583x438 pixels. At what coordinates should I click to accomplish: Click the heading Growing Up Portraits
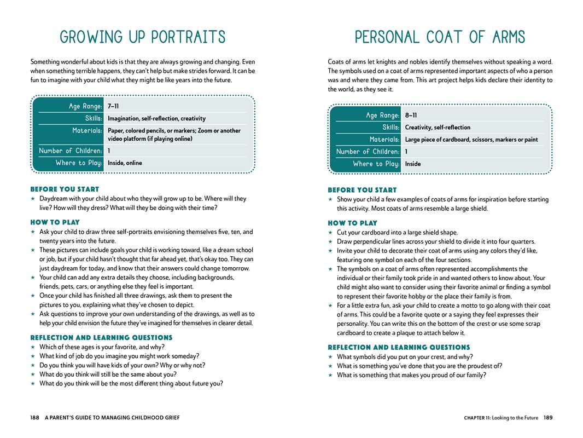143,37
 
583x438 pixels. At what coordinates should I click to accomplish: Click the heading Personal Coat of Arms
440,37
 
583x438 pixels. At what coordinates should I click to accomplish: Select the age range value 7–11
113,106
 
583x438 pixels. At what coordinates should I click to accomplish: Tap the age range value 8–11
411,115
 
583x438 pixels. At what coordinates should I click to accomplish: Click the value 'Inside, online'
125,163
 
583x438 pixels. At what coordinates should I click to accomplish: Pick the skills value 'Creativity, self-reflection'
438,128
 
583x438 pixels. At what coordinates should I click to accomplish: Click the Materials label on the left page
87,131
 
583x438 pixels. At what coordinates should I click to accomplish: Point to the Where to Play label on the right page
376,164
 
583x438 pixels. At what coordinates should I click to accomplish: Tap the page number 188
35,418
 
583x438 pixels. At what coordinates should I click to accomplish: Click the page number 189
548,418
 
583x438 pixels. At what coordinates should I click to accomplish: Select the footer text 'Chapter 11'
476,418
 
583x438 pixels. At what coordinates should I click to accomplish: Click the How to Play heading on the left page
55,222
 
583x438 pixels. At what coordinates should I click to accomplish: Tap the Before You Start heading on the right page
362,190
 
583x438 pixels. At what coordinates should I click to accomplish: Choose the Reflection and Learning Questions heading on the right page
399,347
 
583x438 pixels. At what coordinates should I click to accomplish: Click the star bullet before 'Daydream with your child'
33,199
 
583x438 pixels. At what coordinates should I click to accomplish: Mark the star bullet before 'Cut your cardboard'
330,233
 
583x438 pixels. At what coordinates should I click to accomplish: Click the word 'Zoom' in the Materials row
205,131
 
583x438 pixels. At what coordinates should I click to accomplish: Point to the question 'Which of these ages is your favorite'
102,347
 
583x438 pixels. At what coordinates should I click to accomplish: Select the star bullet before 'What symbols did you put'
330,357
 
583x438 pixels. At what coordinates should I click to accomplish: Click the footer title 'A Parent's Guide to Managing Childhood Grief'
112,418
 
